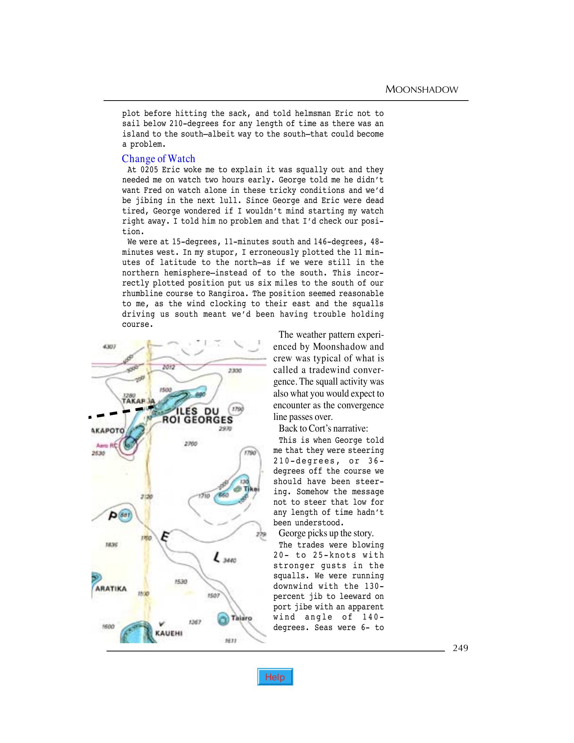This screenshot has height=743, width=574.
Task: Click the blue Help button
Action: [x=275, y=677]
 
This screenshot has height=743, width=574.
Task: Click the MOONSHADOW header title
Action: [x=422, y=90]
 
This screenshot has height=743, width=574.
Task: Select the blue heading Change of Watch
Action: [x=158, y=159]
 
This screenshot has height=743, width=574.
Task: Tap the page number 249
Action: [x=460, y=648]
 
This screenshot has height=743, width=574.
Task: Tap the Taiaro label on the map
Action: [x=241, y=618]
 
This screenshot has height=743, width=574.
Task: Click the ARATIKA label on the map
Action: [x=111, y=588]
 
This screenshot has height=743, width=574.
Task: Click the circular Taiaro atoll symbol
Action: [x=223, y=618]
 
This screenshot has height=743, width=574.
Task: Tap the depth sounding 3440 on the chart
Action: [x=229, y=561]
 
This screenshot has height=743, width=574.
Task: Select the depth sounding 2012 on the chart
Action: [x=168, y=367]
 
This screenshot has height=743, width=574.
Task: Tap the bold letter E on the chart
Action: [x=164, y=537]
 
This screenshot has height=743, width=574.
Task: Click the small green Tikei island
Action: [x=237, y=489]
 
